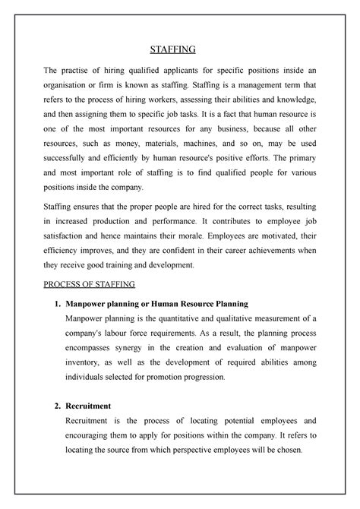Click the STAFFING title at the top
[x=172, y=49]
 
